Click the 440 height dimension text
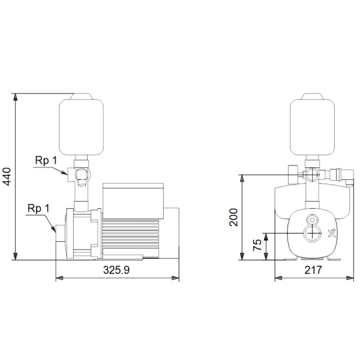(x=7, y=177)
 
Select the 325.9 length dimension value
(x=116, y=270)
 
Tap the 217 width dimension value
(x=313, y=270)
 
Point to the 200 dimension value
(x=233, y=217)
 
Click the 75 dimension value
(x=257, y=245)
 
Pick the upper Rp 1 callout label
(x=46, y=160)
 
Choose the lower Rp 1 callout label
(x=38, y=208)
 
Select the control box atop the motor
(x=133, y=201)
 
